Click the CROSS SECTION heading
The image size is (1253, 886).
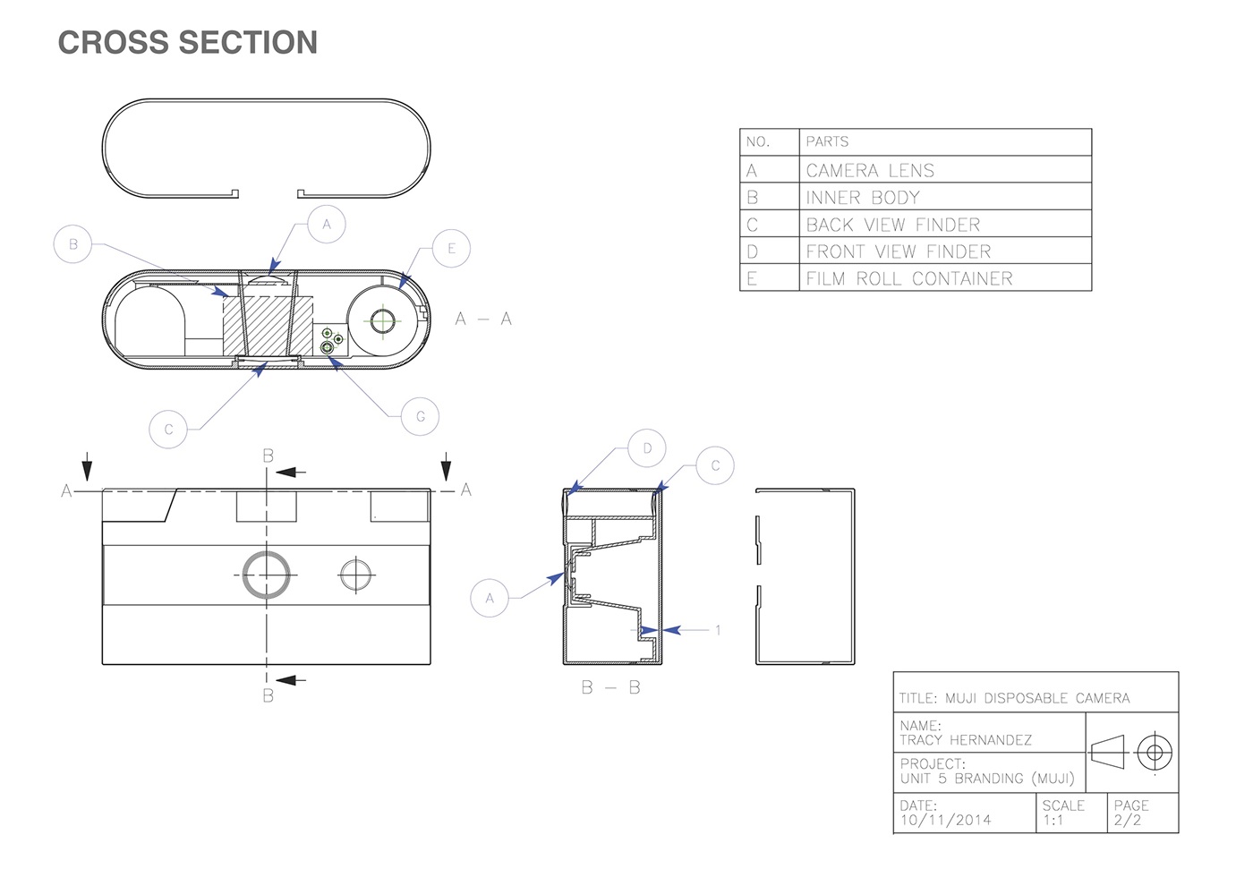[188, 43]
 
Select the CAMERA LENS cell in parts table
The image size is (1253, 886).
[870, 170]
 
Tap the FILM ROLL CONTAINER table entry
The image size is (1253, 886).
[909, 278]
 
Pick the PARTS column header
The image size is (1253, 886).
[827, 141]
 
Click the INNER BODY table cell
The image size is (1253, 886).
[863, 198]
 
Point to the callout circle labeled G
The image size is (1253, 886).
[420, 416]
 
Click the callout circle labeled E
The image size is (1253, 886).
[451, 249]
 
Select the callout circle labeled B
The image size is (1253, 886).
[72, 243]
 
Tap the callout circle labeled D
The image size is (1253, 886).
[647, 448]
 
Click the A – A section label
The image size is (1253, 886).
[483, 319]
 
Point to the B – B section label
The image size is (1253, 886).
[610, 687]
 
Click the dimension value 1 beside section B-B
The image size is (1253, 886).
[718, 630]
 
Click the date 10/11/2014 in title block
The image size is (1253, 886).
[945, 820]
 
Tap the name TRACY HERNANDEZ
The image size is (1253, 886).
[966, 740]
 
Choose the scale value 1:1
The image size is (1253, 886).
[1053, 821]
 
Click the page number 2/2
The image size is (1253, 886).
[1127, 821]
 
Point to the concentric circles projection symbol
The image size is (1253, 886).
[1155, 753]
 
